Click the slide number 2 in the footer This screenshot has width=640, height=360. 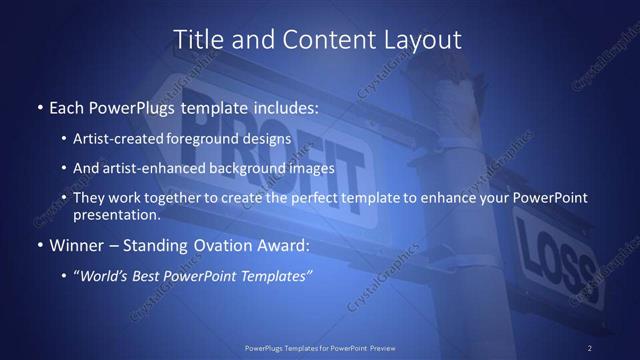click(590, 348)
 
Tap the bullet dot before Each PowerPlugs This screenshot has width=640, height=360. click(39, 106)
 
